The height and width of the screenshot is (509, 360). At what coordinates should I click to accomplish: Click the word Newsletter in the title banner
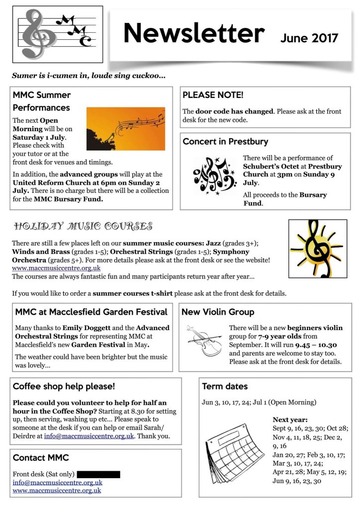point(194,34)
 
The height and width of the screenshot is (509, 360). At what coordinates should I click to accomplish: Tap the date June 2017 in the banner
point(309,38)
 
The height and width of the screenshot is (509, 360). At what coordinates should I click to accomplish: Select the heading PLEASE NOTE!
point(213,95)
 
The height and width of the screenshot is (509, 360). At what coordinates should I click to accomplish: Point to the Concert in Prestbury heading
point(225,141)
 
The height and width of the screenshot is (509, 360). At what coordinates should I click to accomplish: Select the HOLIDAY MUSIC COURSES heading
point(83,227)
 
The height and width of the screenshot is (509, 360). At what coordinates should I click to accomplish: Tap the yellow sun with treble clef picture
point(318,249)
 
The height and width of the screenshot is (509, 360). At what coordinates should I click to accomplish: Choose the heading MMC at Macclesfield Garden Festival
point(91,312)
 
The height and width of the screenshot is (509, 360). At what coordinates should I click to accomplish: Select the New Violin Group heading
point(218,312)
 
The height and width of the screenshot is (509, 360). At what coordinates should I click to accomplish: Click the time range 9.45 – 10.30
point(316,345)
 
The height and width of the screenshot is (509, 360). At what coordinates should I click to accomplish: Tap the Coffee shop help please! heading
point(64,386)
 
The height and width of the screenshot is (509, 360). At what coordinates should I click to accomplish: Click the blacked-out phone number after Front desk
point(98,474)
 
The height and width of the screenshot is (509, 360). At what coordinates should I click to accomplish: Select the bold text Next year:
point(290,420)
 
